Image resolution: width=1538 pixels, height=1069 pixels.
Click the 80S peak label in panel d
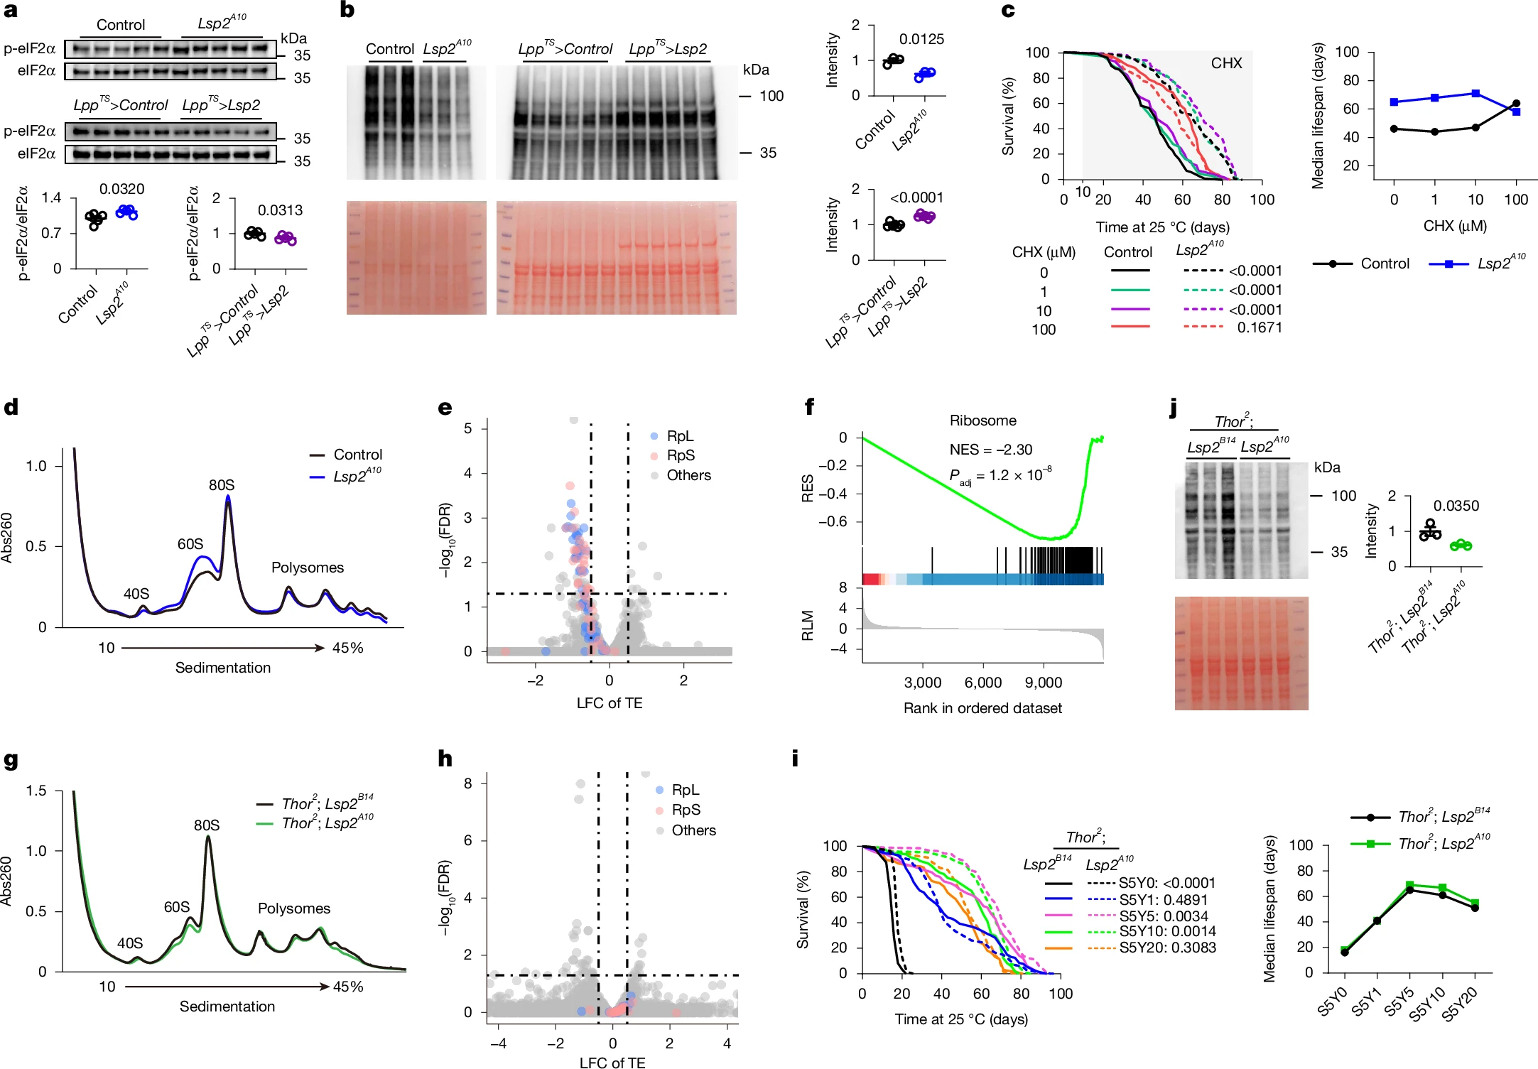point(221,485)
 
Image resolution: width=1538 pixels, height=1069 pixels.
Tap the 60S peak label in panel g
point(177,907)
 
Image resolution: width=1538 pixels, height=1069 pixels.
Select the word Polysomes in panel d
point(308,568)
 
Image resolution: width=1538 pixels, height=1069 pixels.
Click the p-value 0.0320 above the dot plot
point(121,189)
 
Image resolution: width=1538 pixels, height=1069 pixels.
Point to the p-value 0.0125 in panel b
point(921,39)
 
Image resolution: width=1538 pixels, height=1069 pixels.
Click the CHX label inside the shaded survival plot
point(1226,63)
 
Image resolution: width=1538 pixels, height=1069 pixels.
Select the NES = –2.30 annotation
point(990,450)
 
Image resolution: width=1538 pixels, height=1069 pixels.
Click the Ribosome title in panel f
point(982,420)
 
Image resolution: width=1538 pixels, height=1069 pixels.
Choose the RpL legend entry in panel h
point(678,790)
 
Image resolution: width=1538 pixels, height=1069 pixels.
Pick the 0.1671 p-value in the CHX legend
point(1260,327)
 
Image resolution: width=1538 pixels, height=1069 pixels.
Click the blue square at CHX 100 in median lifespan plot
point(1516,112)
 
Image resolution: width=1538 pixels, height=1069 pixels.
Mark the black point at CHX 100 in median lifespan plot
point(1516,103)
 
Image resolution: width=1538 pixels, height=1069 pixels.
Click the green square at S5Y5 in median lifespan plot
point(1409,885)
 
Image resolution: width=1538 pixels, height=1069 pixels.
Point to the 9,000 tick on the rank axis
point(1043,683)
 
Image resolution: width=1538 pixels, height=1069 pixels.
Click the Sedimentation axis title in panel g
point(227,1006)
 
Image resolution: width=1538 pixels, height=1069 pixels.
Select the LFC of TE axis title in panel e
point(609,703)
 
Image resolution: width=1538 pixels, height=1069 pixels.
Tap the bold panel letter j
point(1173,409)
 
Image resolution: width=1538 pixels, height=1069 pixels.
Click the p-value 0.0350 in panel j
point(1456,506)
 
